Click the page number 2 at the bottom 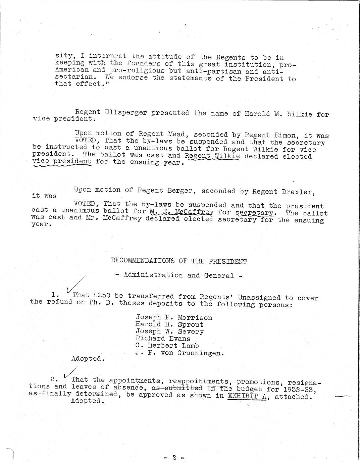(174, 457)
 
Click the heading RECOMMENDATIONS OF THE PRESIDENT (179, 261)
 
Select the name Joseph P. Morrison (174, 317)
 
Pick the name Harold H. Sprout (169, 324)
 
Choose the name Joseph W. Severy (170, 331)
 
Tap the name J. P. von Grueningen (179, 353)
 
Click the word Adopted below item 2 (86, 401)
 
